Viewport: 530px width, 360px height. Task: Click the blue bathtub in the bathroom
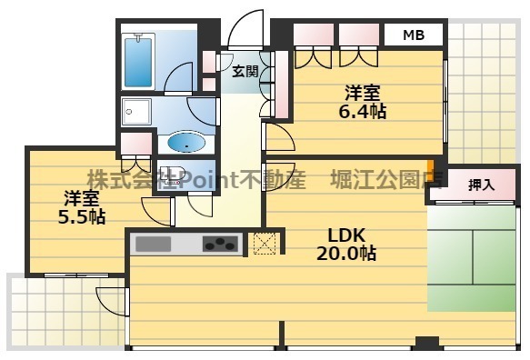pos(139,61)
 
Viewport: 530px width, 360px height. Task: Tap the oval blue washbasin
pos(186,143)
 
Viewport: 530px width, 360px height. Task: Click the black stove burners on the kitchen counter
pos(220,244)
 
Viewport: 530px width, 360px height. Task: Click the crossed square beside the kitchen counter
pos(264,244)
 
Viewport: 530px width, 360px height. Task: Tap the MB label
pos(413,35)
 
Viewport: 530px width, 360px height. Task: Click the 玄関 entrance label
pos(245,71)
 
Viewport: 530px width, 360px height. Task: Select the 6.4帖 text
pos(364,112)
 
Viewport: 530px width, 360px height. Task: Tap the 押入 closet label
pos(480,185)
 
